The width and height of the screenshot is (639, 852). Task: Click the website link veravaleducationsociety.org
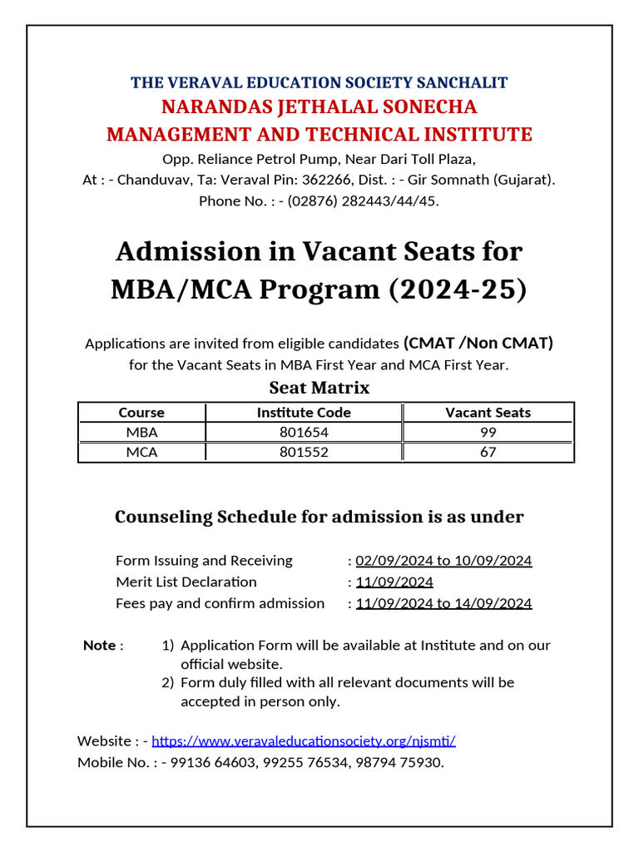pyautogui.click(x=304, y=741)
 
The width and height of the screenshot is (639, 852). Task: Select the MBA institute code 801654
pyautogui.click(x=304, y=432)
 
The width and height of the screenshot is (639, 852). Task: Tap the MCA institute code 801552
pyautogui.click(x=304, y=452)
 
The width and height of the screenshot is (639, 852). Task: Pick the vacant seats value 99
pyautogui.click(x=488, y=432)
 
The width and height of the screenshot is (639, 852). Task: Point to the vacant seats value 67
pyautogui.click(x=488, y=452)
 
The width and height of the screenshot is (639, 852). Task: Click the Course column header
pyautogui.click(x=141, y=413)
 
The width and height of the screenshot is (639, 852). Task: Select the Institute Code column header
pyautogui.click(x=304, y=413)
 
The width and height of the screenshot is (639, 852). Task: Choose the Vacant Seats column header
pyautogui.click(x=488, y=413)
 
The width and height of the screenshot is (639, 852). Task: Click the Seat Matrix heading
pyautogui.click(x=319, y=388)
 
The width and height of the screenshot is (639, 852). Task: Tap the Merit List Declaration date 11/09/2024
pyautogui.click(x=394, y=582)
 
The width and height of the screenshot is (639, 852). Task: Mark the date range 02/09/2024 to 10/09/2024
pyautogui.click(x=443, y=560)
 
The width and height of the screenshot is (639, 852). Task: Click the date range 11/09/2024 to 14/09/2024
pyautogui.click(x=443, y=603)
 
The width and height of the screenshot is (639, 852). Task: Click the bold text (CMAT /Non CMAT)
pyautogui.click(x=478, y=343)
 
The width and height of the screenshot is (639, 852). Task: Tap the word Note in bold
pyautogui.click(x=99, y=646)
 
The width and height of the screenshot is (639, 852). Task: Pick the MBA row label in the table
pyautogui.click(x=141, y=432)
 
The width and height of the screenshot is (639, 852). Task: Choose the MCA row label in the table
pyautogui.click(x=141, y=452)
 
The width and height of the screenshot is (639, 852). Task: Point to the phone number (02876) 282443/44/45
pyautogui.click(x=363, y=201)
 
